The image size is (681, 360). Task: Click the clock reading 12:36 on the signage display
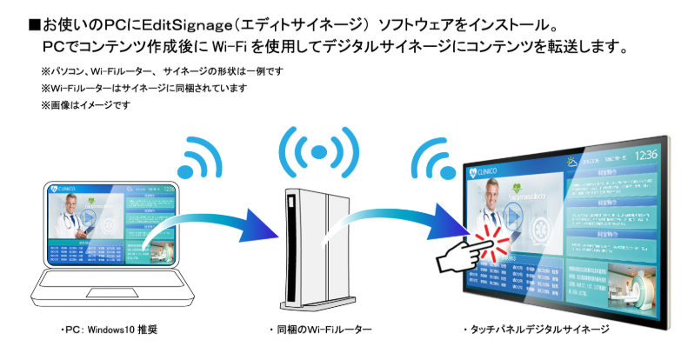click(x=645, y=156)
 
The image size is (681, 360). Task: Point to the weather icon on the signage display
click(x=572, y=161)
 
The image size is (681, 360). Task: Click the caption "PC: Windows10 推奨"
click(x=108, y=331)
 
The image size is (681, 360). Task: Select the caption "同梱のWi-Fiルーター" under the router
click(x=321, y=331)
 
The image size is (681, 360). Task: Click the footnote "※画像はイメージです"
click(x=84, y=105)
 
